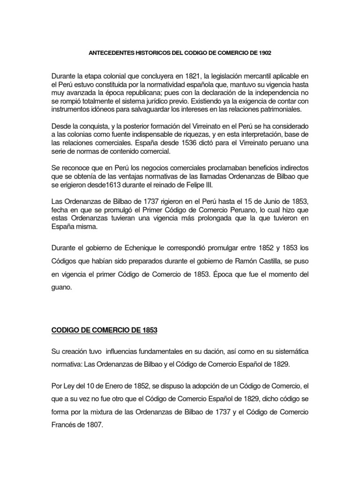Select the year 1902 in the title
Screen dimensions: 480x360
(264, 53)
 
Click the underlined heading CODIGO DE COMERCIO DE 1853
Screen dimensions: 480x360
(104, 330)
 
